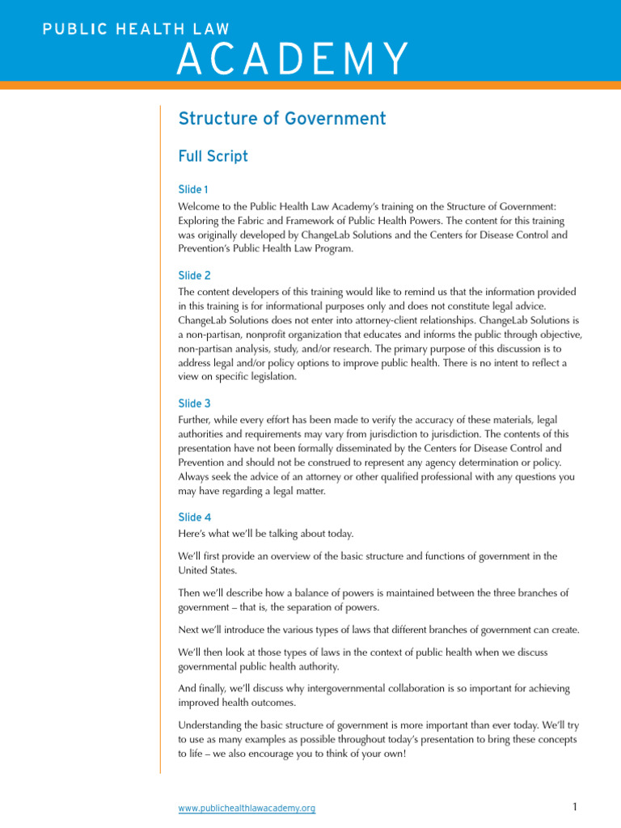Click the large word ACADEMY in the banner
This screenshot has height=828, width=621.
click(x=292, y=59)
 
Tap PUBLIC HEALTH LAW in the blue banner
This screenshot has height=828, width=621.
click(x=123, y=30)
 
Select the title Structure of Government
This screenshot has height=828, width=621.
click(x=281, y=119)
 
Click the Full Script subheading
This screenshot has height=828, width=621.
click(x=213, y=156)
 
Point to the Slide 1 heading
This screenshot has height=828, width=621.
click(x=193, y=189)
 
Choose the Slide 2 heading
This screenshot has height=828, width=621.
click(x=194, y=276)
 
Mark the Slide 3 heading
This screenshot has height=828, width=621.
click(x=194, y=403)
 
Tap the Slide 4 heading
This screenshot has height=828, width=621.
click(x=194, y=517)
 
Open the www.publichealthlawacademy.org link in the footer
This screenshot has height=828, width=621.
click(x=247, y=808)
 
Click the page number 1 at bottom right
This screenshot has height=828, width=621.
click(x=573, y=807)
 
